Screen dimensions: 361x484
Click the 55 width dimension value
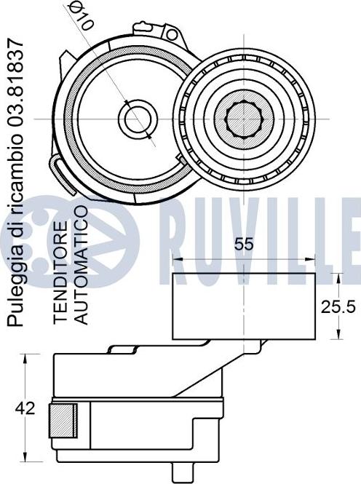click(x=244, y=244)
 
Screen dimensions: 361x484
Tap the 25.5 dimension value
click(x=338, y=307)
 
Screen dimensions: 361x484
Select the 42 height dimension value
click(x=25, y=408)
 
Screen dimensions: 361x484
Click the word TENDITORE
click(x=60, y=272)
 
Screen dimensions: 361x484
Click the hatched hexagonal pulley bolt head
click(x=244, y=119)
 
